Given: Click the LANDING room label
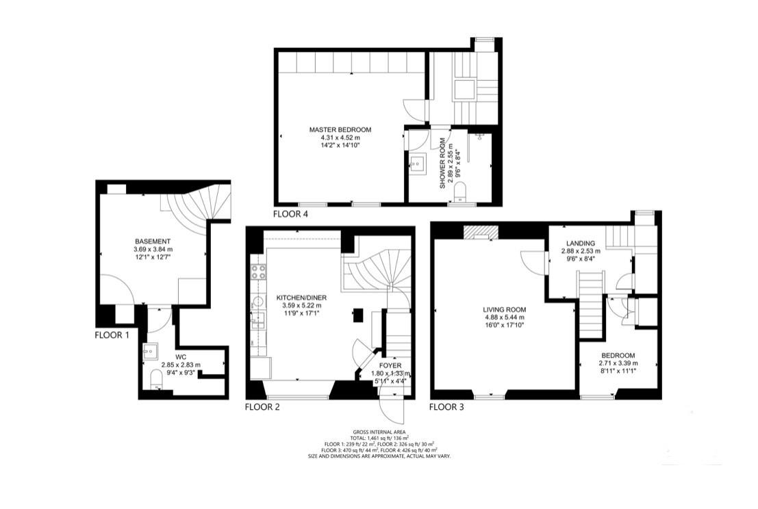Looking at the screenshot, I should pyautogui.click(x=581, y=244).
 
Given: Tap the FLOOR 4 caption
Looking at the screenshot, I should pyautogui.click(x=291, y=213).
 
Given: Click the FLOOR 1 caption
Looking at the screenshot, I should pyautogui.click(x=112, y=335).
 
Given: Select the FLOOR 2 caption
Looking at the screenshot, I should pyautogui.click(x=262, y=407).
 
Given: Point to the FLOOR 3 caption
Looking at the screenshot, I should pyautogui.click(x=446, y=407).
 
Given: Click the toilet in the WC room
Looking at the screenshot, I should pyautogui.click(x=155, y=379).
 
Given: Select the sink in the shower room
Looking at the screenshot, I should pyautogui.click(x=418, y=164).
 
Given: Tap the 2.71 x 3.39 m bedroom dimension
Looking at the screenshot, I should pyautogui.click(x=618, y=364).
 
